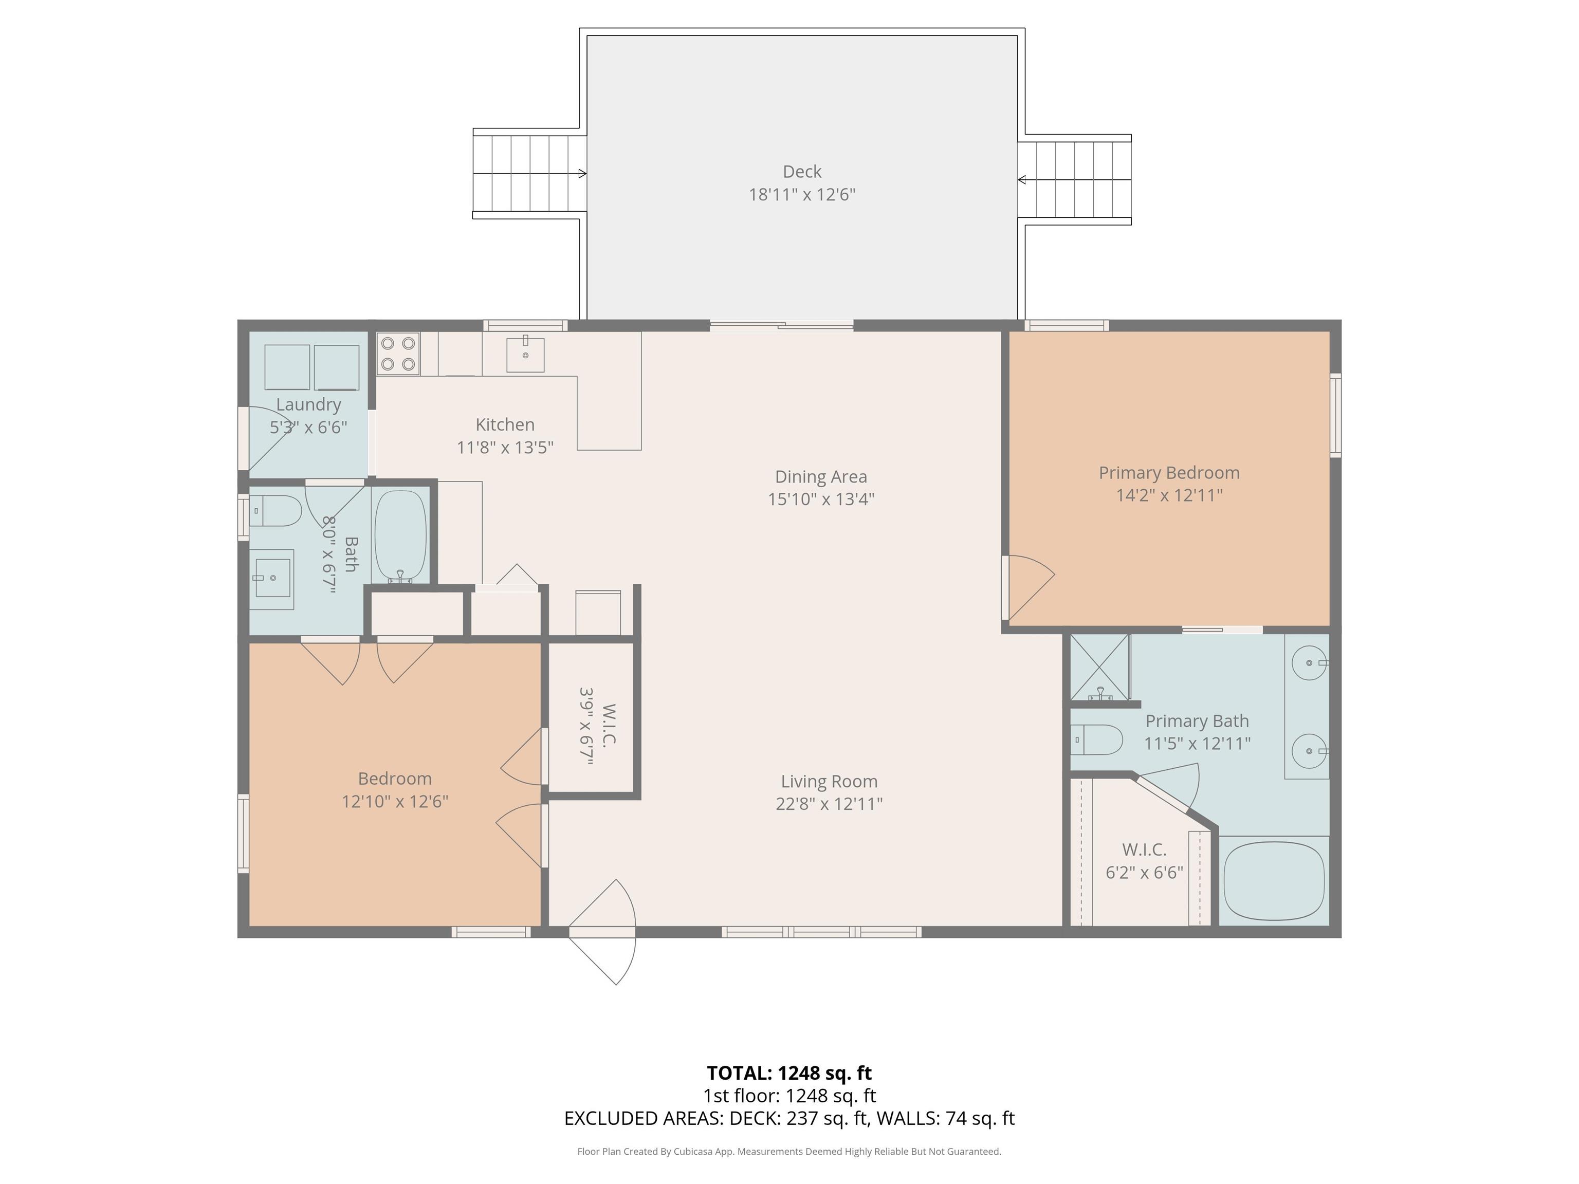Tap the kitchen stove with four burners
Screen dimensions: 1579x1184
pos(398,354)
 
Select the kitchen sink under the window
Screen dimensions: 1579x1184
pos(525,355)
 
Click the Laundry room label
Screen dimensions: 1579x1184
pos(308,404)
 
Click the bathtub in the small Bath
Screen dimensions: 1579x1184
pos(400,535)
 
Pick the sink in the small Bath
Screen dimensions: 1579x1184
pos(271,578)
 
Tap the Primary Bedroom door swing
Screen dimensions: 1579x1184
pos(1031,587)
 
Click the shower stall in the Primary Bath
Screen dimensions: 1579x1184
pos(1100,667)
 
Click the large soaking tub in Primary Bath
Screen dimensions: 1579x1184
pos(1274,881)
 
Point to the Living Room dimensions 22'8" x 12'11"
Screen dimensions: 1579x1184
pos(829,804)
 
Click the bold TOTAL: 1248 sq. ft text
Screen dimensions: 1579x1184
pos(789,1072)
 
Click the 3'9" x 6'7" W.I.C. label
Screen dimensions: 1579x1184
pos(597,726)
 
